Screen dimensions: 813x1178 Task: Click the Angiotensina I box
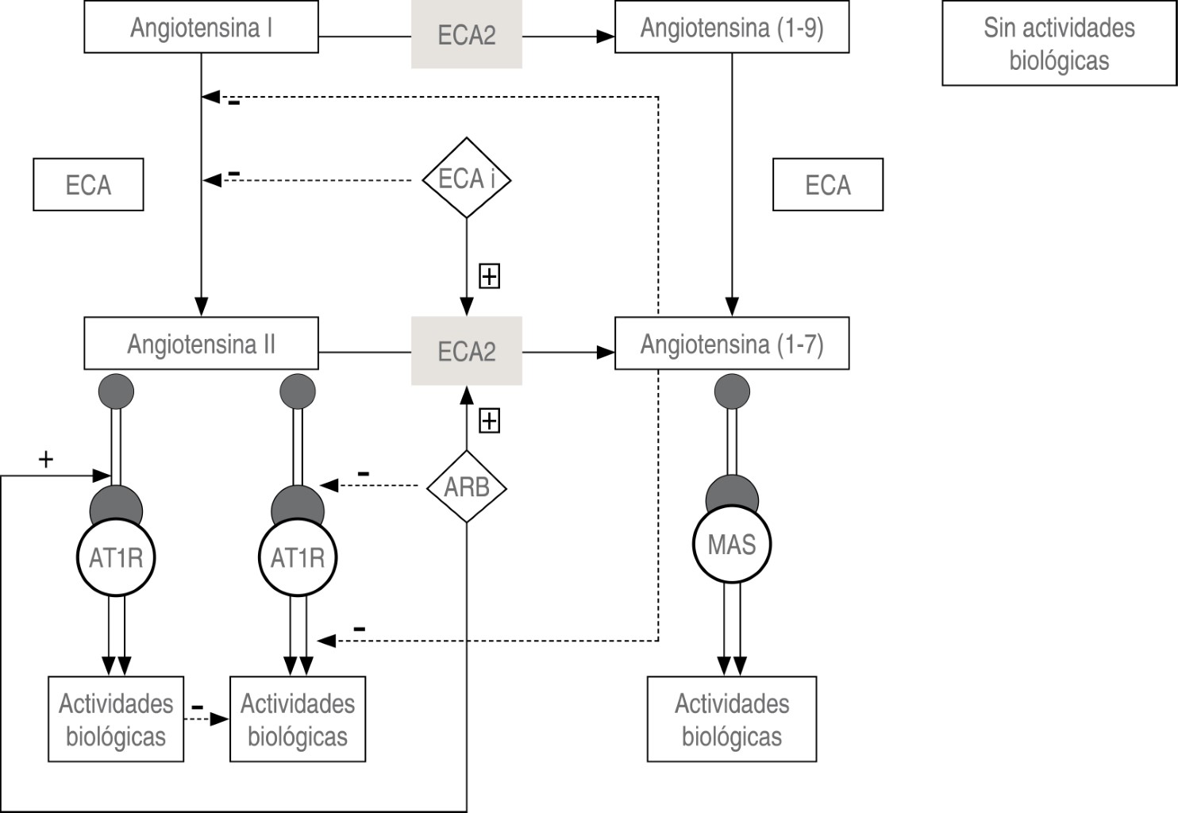[201, 28]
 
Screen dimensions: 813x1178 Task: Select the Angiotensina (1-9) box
[731, 28]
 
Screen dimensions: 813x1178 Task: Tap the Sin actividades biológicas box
[1058, 44]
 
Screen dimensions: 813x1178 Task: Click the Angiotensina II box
[201, 344]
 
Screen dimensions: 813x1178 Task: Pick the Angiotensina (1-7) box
[731, 344]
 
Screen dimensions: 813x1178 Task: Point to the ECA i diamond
[466, 179]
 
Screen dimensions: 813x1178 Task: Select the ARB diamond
[466, 487]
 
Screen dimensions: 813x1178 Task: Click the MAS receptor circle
[731, 545]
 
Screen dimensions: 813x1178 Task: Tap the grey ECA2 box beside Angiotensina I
[466, 35]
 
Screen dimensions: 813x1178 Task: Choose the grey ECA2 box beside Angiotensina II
[466, 351]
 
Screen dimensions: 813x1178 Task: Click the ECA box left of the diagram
[88, 185]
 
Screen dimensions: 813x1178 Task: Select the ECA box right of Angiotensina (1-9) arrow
[827, 185]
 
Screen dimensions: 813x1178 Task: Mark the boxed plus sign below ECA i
[489, 276]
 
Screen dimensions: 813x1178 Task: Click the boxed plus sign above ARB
[489, 421]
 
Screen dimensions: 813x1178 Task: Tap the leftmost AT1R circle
[116, 557]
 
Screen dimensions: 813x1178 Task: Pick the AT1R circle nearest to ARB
[298, 557]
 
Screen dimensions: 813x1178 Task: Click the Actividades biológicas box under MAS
[731, 719]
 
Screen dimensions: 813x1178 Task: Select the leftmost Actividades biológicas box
[116, 719]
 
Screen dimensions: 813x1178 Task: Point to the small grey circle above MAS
[731, 391]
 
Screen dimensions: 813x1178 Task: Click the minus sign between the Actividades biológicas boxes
[198, 707]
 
